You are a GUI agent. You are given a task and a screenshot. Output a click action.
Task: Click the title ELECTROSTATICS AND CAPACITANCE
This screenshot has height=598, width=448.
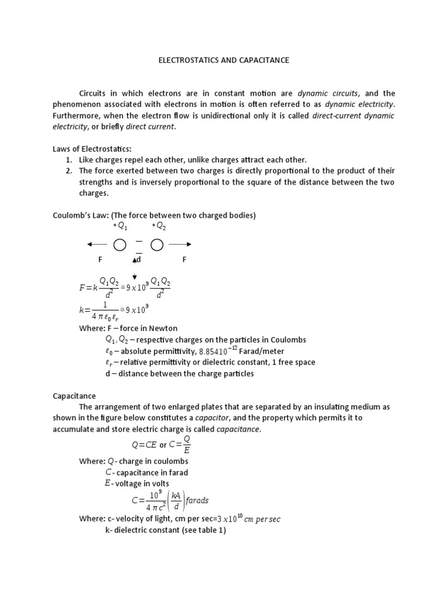click(224, 60)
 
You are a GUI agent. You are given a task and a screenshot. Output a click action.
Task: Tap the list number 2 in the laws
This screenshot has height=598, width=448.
click(68, 171)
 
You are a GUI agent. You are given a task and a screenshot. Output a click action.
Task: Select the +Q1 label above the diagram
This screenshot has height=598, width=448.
click(119, 226)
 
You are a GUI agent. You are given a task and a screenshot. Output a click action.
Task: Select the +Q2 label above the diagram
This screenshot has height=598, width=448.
click(158, 226)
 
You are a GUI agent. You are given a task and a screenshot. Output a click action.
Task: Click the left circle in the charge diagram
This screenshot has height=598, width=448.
click(120, 245)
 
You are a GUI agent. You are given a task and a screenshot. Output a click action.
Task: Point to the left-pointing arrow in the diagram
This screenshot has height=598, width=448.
click(97, 245)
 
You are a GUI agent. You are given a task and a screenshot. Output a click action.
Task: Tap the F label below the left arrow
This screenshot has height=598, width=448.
click(100, 259)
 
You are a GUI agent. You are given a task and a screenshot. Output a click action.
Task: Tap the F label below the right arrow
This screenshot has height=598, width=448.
click(184, 259)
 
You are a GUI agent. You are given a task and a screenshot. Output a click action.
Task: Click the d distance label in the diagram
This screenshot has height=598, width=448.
click(139, 259)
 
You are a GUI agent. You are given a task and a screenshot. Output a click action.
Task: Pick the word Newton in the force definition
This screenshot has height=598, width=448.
click(165, 328)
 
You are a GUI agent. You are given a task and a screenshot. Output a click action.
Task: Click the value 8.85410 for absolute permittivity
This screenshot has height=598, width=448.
click(218, 351)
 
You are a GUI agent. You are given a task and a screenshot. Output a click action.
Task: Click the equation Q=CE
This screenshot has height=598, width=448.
click(145, 445)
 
